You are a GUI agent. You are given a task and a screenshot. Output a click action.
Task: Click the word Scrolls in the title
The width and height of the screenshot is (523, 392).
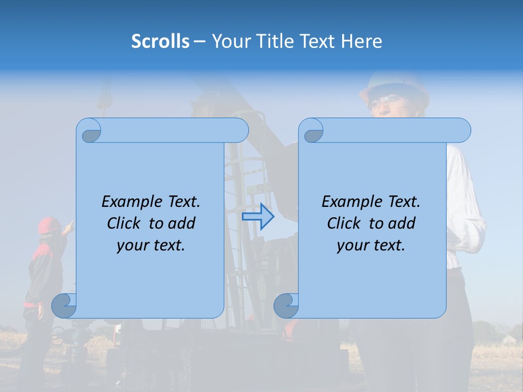coord(160,41)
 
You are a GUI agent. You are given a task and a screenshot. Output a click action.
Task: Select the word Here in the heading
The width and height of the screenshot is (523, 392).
coord(362,41)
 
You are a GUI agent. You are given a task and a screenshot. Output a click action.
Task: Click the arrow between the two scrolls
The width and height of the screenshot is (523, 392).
coord(258,217)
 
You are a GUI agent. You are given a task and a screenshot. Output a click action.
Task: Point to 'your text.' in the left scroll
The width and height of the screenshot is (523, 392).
coord(150,246)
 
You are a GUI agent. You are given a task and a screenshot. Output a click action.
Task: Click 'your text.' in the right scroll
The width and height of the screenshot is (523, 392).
coord(370,246)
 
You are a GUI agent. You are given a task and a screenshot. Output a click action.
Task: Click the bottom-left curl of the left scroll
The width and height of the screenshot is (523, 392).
coord(64,305)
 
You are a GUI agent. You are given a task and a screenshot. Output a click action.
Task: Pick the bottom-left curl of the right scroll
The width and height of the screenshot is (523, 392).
coord(286,305)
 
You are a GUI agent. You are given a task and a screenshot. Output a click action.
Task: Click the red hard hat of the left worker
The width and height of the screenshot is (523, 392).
coord(49,224)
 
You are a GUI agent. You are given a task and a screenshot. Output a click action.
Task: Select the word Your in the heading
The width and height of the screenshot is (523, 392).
coord(229,41)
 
